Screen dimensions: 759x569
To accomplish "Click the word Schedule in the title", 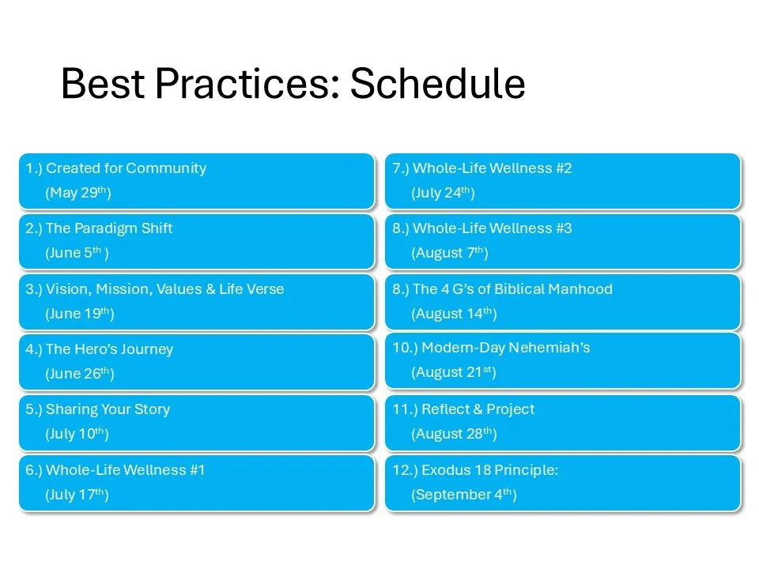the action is [437, 83].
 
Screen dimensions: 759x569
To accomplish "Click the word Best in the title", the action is [103, 83].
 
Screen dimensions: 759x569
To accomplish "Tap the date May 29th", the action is [78, 193].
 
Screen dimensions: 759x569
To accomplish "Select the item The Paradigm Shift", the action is [109, 228].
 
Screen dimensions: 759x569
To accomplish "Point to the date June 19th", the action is [80, 314].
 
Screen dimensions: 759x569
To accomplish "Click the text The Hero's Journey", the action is [109, 349].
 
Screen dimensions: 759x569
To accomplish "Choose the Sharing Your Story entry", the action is [108, 409].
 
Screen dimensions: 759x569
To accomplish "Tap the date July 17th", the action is [77, 495].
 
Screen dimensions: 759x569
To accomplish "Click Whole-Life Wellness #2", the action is [493, 168].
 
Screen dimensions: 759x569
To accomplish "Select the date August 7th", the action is [450, 253].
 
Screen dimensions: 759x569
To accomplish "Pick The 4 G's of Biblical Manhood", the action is [512, 289].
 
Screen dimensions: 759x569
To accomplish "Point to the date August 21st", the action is [454, 372].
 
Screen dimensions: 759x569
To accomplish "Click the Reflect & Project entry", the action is [478, 409].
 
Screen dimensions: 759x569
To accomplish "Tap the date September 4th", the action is [464, 495].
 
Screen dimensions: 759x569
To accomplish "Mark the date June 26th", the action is [80, 374].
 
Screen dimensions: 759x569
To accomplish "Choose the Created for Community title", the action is [126, 168].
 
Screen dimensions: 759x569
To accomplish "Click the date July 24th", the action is [443, 193].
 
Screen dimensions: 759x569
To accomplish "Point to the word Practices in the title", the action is [247, 83].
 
